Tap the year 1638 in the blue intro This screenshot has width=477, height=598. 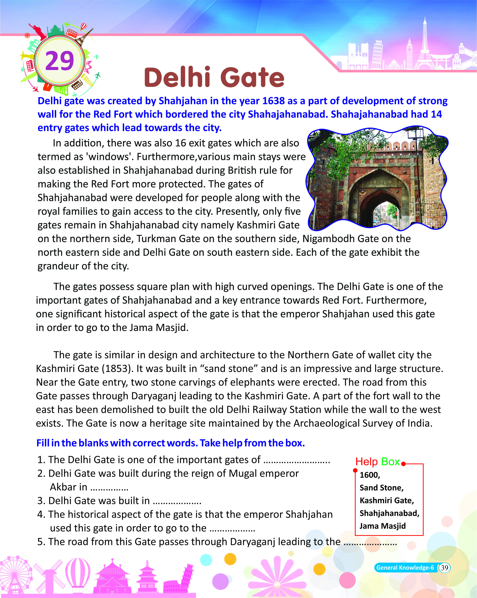pyautogui.click(x=273, y=101)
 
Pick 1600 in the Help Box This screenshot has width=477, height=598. pyautogui.click(x=369, y=475)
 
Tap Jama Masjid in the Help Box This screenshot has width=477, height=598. pyautogui.click(x=382, y=526)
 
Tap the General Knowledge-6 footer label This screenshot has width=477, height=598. pyautogui.click(x=405, y=568)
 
